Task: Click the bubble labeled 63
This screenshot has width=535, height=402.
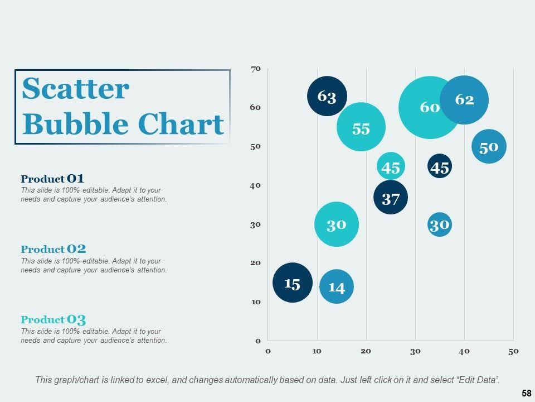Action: [327, 97]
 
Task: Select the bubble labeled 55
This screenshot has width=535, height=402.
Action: [361, 127]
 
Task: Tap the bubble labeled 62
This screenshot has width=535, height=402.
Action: [464, 100]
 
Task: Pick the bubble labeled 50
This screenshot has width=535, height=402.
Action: [489, 147]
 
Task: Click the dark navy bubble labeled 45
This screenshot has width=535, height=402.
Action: [440, 167]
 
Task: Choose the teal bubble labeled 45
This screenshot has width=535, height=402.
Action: [391, 167]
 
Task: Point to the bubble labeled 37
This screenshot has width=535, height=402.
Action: [391, 198]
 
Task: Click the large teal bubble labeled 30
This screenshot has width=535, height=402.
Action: [336, 224]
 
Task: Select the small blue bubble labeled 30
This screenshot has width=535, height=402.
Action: [440, 224]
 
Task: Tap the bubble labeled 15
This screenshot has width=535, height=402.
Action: [292, 283]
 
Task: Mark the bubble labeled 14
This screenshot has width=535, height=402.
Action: [337, 287]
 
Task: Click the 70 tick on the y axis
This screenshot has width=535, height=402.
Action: [255, 69]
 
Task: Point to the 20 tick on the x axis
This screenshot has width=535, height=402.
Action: [366, 351]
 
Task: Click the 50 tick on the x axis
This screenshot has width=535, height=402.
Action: [513, 351]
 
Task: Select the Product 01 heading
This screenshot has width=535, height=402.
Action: [52, 179]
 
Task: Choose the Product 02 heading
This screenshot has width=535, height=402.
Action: [53, 250]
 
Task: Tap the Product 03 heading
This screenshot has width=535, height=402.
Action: [53, 320]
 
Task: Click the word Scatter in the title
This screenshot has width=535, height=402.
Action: [76, 89]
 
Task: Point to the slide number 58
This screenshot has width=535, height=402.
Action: [526, 394]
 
